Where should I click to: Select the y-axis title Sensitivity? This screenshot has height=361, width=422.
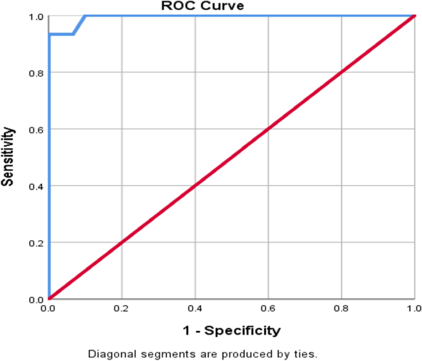[8, 157]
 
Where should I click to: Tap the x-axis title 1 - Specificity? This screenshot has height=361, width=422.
[231, 330]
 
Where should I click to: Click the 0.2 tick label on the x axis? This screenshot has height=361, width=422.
[121, 307]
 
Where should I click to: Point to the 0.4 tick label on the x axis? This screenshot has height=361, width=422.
[195, 307]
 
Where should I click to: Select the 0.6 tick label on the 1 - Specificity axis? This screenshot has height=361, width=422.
[268, 307]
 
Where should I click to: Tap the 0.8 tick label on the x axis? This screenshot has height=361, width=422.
[341, 307]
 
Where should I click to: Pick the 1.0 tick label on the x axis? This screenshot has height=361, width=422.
[414, 307]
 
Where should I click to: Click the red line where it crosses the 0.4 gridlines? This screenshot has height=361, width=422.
[195, 186]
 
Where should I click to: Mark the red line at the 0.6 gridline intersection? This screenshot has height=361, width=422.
[268, 129]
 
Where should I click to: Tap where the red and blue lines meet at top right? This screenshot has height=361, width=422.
[414, 16]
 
